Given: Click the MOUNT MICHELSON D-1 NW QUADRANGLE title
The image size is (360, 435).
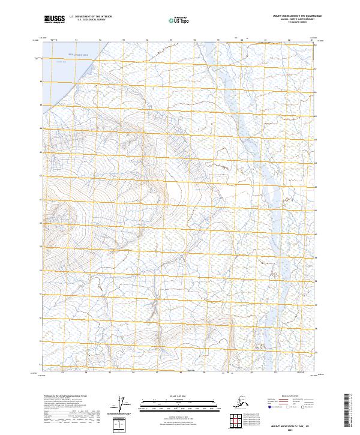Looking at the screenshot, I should (x=290, y=17).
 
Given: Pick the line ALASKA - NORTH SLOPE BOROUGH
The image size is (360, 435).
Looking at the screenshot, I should (x=290, y=20).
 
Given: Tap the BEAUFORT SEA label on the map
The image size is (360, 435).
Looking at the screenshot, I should (x=77, y=55).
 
